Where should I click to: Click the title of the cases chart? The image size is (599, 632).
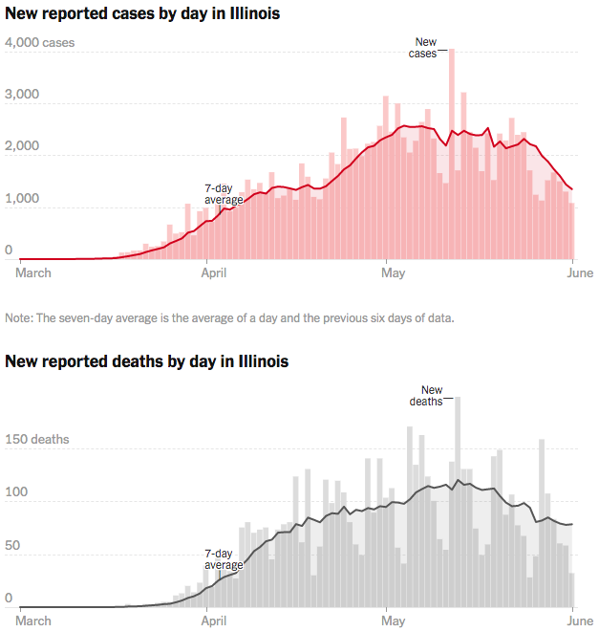(142, 15)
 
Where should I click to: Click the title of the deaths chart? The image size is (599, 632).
(147, 362)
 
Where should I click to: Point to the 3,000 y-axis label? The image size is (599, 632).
(22, 95)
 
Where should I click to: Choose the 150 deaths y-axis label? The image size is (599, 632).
(37, 440)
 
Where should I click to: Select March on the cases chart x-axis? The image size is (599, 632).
(34, 272)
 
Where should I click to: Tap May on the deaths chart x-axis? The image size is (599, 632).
(393, 621)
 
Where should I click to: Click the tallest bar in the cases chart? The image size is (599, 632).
(451, 153)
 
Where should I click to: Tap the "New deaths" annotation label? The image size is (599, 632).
(427, 396)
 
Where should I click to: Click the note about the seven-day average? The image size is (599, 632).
(229, 317)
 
